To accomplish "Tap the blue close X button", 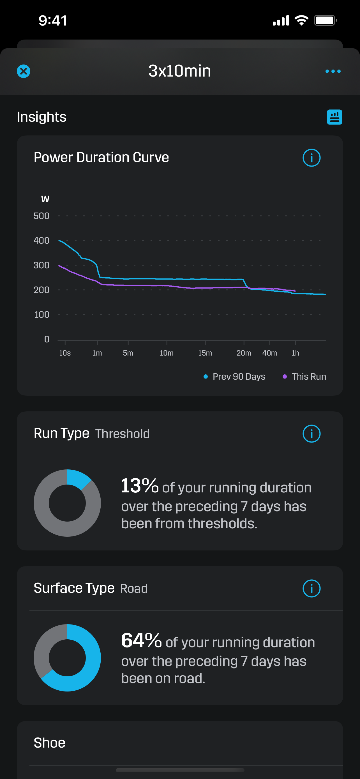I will (x=23, y=72).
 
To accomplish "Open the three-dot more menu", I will (x=333, y=72).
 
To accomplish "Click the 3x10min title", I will (x=179, y=71).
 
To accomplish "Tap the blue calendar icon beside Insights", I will (x=334, y=117).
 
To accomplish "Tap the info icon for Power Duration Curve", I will (x=311, y=158).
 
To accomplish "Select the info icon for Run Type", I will (x=311, y=434).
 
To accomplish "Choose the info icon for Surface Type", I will (x=311, y=589).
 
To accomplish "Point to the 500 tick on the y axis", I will (x=41, y=216).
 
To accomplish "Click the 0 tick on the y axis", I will (x=47, y=339).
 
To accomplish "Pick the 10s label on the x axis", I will (x=65, y=353).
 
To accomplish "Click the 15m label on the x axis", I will (x=205, y=353).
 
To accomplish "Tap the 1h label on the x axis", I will (x=295, y=353).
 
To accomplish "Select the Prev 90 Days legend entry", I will (x=235, y=377).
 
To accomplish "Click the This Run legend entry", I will (x=304, y=377).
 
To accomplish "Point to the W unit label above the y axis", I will (x=45, y=199).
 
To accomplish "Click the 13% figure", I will (x=140, y=486).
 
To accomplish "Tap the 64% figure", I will (x=141, y=640).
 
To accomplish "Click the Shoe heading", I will (x=50, y=743).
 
